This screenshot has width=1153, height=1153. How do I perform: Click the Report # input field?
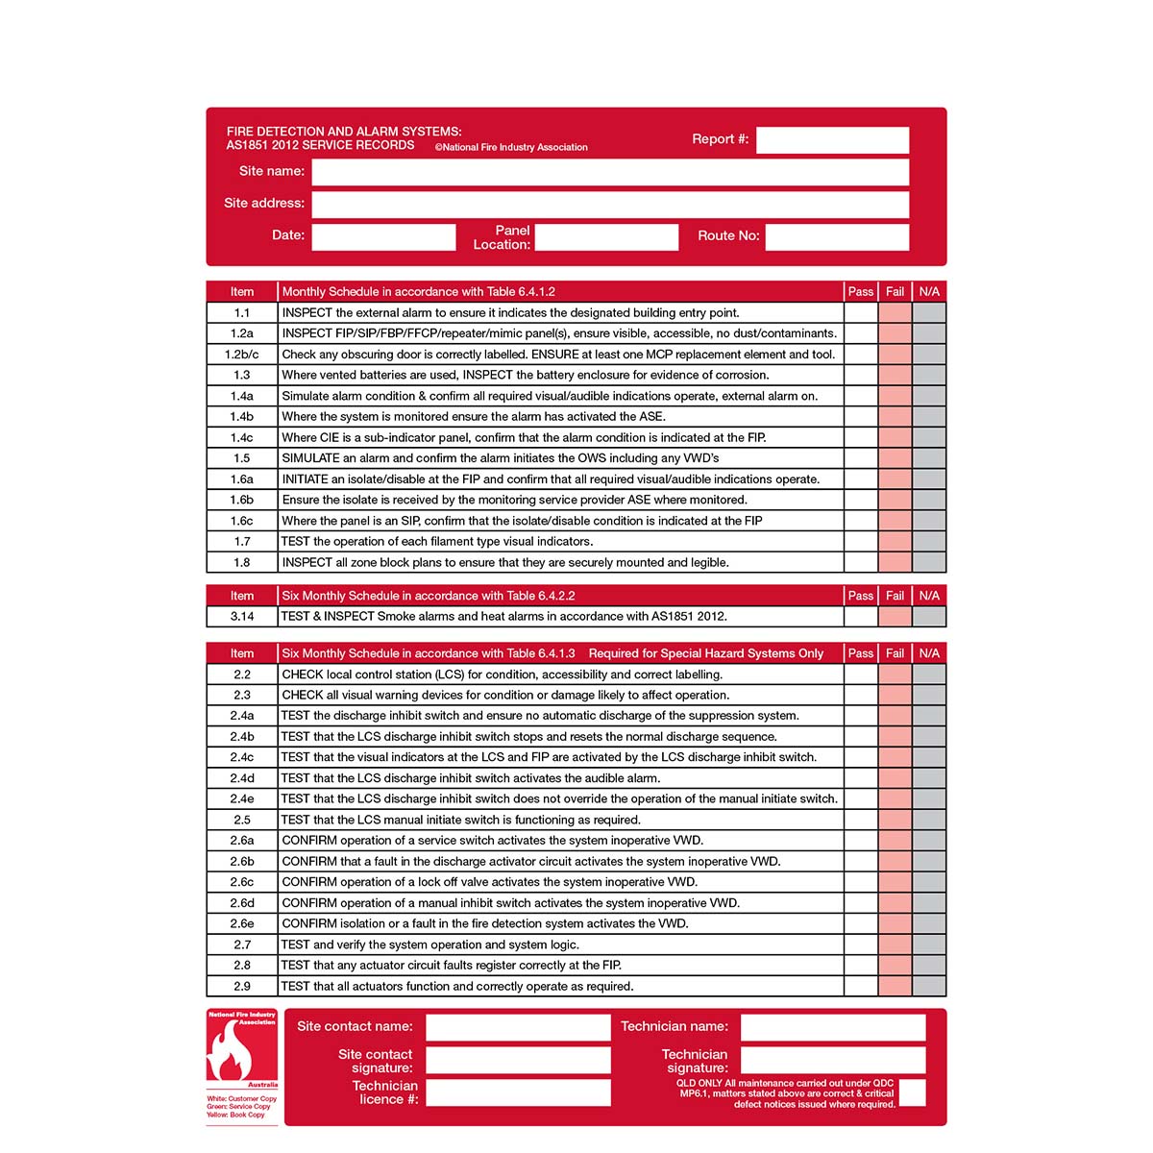coord(832,140)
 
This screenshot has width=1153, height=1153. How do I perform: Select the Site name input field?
coord(610,172)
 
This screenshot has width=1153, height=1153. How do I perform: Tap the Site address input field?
coord(610,204)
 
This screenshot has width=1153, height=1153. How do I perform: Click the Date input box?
coord(383,236)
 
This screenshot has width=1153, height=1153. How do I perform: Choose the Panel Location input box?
coord(606,236)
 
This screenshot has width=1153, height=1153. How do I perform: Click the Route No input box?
coord(837,236)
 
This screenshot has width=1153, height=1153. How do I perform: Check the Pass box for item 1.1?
coord(861,312)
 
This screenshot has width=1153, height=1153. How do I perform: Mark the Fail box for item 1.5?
coord(895,458)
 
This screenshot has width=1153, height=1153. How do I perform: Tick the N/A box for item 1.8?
coord(929,562)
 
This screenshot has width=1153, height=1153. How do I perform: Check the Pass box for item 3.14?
coord(861,616)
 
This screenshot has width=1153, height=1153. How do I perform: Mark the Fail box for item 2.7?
coord(895,944)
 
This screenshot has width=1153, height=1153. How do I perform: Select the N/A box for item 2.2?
coord(929,675)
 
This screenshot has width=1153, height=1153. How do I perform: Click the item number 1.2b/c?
coord(242,355)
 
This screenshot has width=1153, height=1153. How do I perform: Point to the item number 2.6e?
coord(242,923)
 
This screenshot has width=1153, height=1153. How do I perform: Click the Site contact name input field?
coord(518,1027)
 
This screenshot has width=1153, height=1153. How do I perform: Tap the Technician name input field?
coord(833,1027)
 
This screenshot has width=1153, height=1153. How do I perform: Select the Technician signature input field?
coord(833,1060)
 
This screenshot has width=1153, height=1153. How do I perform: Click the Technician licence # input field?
coord(518,1092)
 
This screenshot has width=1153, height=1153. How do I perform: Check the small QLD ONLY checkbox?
coord(913,1092)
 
